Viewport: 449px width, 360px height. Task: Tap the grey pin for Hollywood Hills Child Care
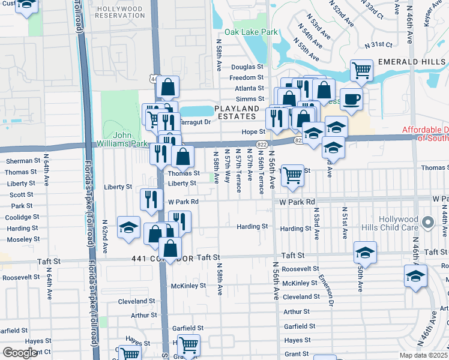tap(427, 223)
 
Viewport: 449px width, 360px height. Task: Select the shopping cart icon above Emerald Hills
tap(362, 70)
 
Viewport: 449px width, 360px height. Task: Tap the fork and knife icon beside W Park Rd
tap(151, 199)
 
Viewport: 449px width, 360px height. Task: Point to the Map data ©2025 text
tap(423, 355)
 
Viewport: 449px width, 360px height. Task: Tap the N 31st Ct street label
tap(379, 44)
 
